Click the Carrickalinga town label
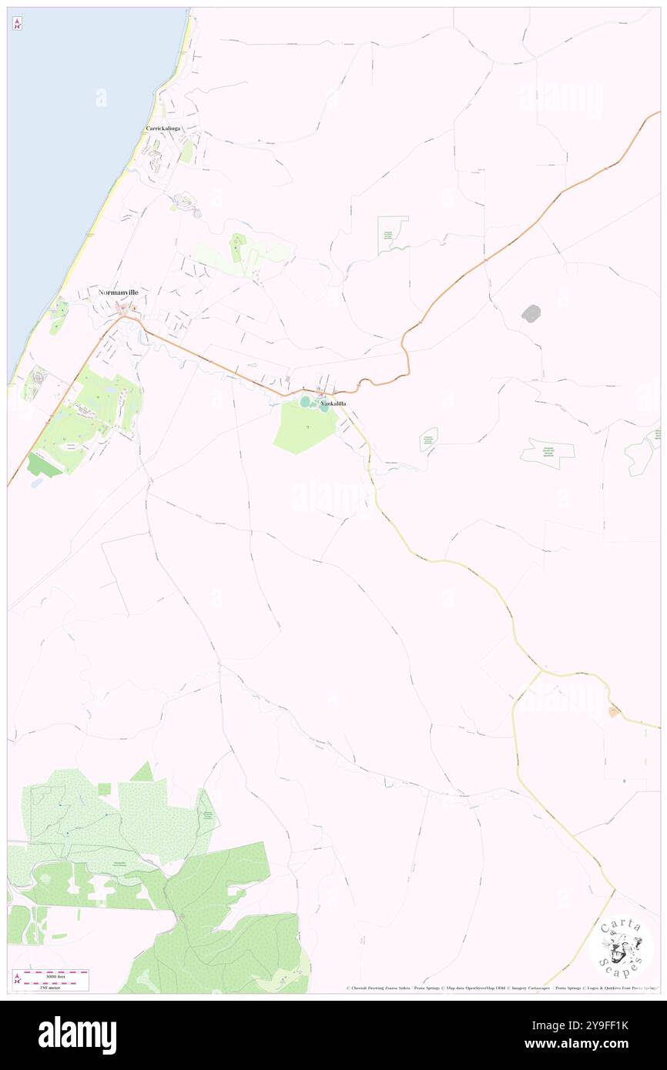(163, 129)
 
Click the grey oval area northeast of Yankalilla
(531, 313)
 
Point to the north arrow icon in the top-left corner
(17, 24)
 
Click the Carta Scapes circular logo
(621, 946)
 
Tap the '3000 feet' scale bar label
(55, 973)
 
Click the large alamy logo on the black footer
(78, 1035)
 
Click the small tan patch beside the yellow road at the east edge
(614, 712)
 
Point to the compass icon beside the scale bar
(17, 978)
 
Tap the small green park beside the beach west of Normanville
(56, 315)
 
